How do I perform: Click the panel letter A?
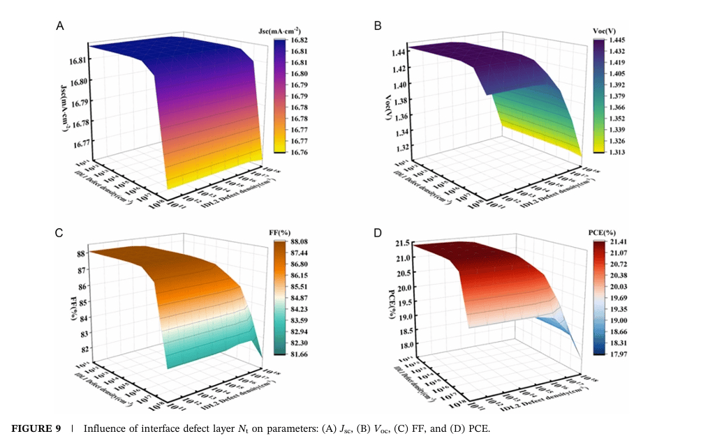(61, 26)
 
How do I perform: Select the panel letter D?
(378, 232)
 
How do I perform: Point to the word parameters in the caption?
(287, 428)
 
